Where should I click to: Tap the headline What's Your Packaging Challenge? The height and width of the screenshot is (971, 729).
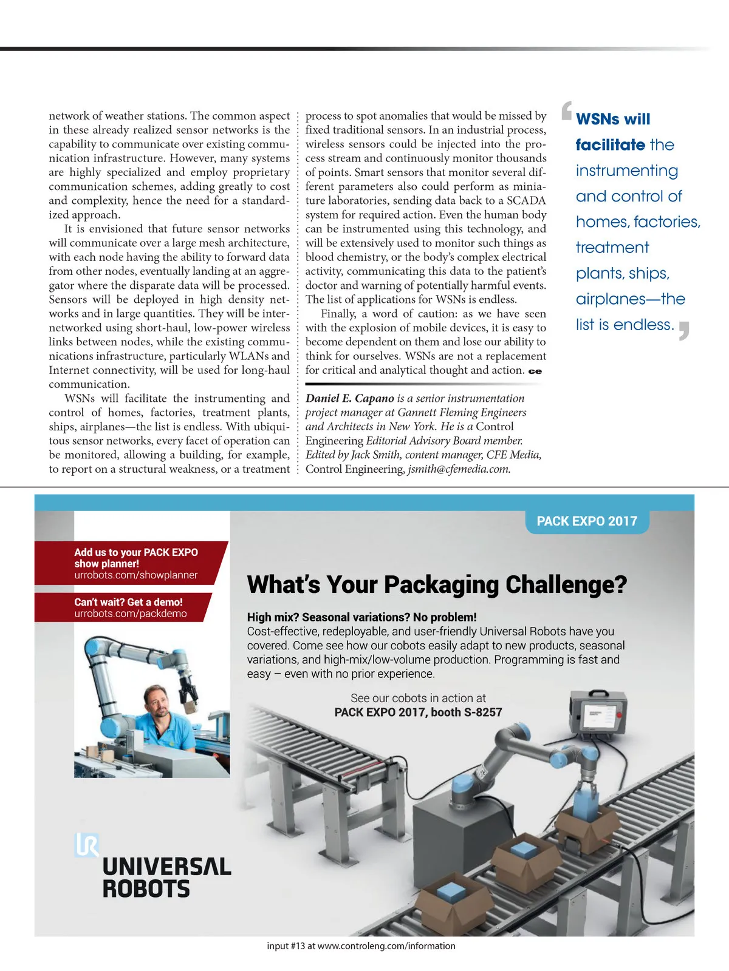tap(437, 585)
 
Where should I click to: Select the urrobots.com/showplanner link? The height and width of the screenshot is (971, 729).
tap(136, 575)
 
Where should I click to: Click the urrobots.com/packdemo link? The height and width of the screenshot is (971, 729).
tap(131, 614)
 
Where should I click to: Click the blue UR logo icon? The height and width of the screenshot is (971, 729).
tap(86, 844)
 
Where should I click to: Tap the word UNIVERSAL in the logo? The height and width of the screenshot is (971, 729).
tap(167, 867)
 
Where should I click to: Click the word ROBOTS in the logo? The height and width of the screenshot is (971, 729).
tap(146, 890)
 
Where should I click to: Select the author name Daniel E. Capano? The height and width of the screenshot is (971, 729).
tap(350, 399)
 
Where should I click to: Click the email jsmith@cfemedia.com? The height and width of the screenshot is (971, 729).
tap(459, 469)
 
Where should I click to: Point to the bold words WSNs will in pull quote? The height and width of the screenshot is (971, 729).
tap(613, 119)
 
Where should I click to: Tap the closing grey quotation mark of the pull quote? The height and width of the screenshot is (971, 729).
tap(685, 331)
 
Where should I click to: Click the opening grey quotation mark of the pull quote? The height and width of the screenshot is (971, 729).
tap(566, 110)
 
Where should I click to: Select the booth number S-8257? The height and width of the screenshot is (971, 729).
tap(483, 712)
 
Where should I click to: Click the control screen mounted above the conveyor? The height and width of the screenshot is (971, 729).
tap(598, 714)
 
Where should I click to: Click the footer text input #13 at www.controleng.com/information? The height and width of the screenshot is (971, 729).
tap(361, 946)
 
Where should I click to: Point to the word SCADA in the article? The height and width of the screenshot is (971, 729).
tap(526, 201)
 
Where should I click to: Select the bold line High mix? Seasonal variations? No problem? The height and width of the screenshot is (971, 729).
tap(362, 617)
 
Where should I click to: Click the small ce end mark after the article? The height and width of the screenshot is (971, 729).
tap(535, 371)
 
